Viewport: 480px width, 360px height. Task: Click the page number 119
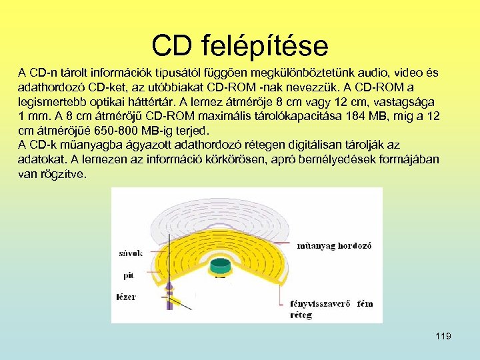click(443, 336)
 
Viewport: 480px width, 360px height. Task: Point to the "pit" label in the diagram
click(128, 274)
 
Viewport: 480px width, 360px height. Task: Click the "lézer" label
click(125, 296)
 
